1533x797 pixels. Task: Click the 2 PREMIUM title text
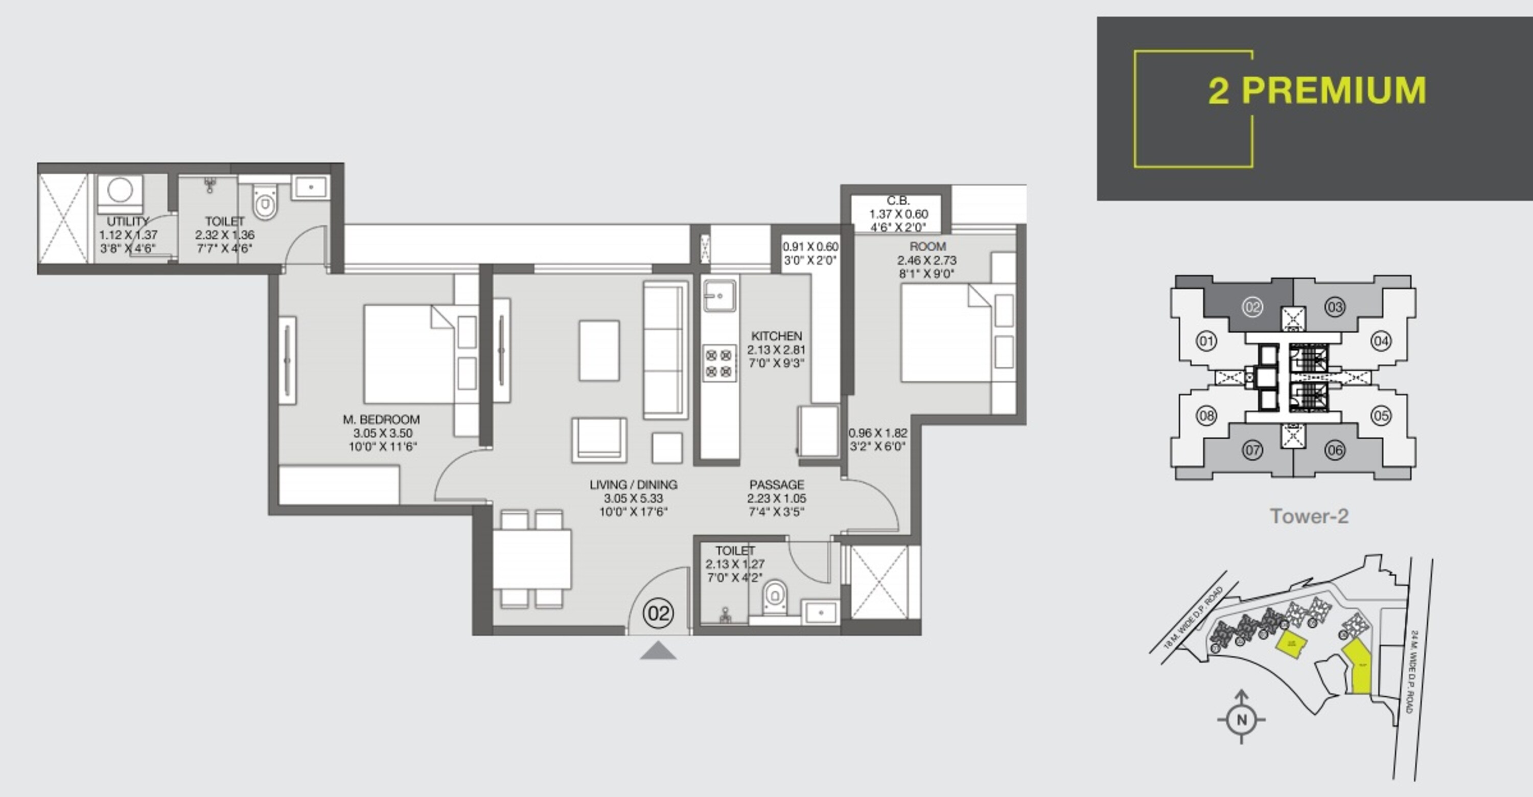[1316, 90]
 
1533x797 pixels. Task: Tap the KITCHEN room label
[776, 336]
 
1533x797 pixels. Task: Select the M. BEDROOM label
[381, 420]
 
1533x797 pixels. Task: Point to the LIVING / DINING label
[633, 485]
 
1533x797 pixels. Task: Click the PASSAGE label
[777, 485]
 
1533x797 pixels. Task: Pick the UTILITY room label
[127, 221]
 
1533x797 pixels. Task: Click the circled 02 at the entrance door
[658, 613]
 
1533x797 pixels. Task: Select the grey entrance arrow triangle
[658, 651]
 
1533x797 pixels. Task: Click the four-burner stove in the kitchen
[718, 363]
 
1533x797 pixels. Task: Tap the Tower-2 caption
[1309, 516]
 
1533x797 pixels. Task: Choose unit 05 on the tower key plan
[1381, 416]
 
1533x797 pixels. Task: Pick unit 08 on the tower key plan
[1206, 416]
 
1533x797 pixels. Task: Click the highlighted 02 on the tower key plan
[1252, 307]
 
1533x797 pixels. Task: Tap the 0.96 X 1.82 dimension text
[878, 434]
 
